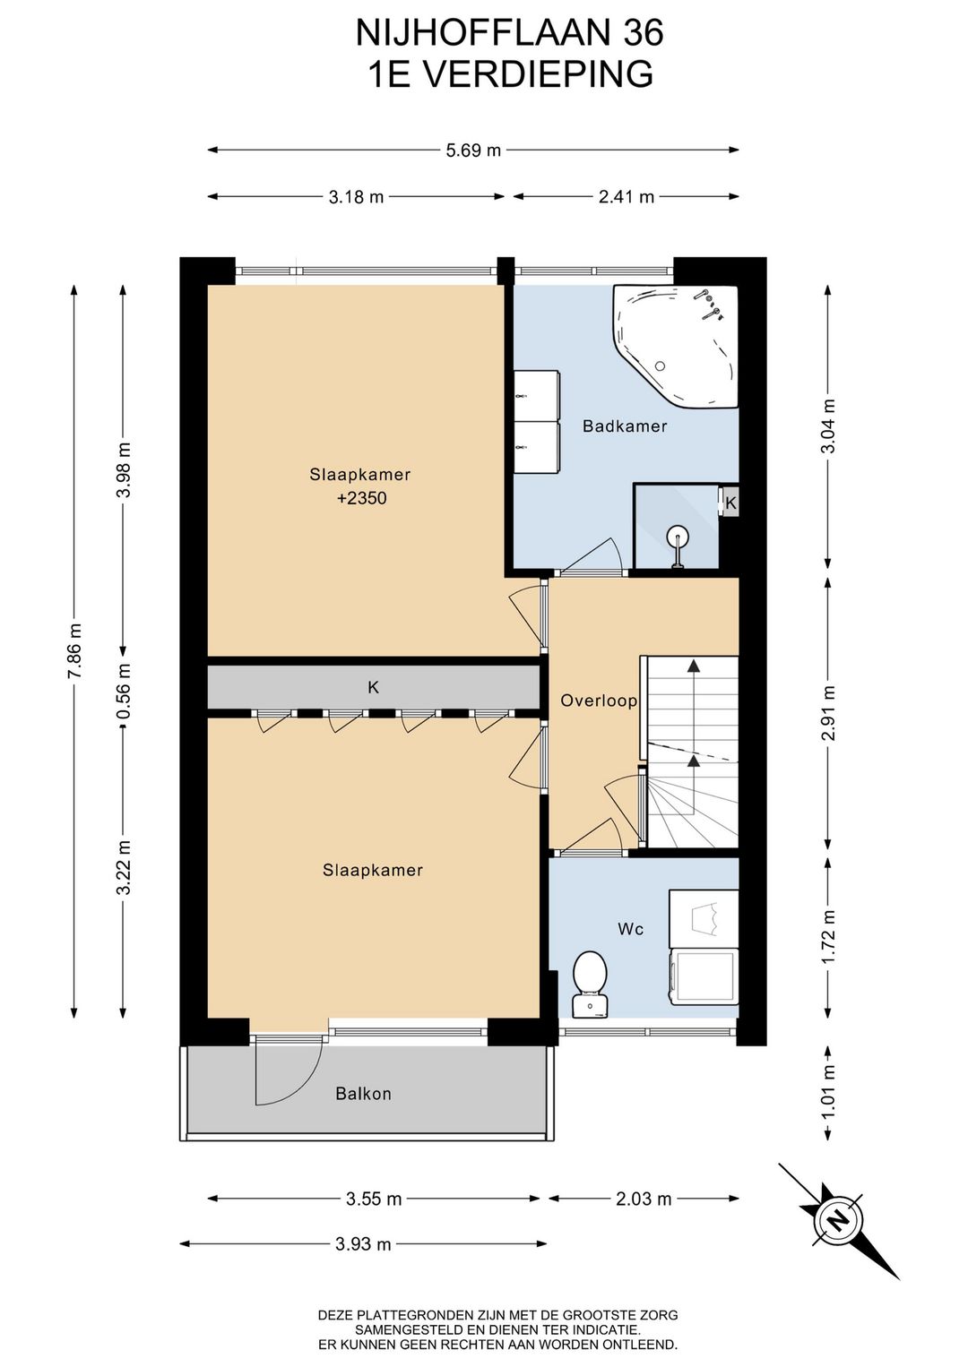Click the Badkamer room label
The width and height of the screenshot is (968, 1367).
[x=624, y=426]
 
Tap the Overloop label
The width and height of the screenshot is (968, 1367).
[x=599, y=701]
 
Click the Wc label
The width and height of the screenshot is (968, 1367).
[x=631, y=929]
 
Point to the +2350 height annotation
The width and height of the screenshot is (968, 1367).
[x=361, y=498]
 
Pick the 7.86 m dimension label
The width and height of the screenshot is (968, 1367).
[x=73, y=651]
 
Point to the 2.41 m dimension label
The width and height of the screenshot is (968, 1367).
[x=627, y=196]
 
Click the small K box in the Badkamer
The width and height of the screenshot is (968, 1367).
[x=730, y=503]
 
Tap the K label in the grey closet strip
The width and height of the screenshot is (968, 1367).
[x=373, y=687]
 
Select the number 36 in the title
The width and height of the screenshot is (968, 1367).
[x=644, y=33]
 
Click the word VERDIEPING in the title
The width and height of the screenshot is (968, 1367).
[x=538, y=73]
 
